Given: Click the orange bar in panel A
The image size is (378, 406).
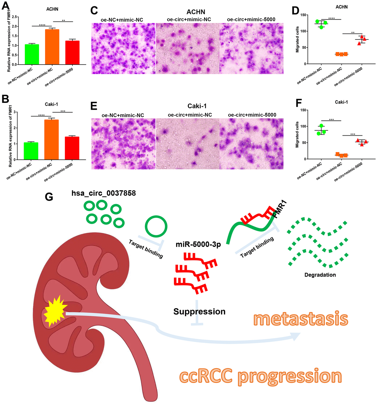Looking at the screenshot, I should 52,47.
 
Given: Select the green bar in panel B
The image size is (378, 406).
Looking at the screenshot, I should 31,151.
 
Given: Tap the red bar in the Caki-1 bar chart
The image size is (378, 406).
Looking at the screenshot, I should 72,148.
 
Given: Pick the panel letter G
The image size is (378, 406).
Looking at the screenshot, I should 49,197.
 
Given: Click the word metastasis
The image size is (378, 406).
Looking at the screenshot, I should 301,319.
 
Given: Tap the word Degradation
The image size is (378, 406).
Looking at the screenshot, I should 320,275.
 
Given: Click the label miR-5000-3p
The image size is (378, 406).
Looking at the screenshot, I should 198,244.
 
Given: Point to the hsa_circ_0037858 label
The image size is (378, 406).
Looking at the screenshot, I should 104,193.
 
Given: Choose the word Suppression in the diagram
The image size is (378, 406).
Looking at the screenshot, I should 199,312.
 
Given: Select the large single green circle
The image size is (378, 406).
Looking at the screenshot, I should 156,227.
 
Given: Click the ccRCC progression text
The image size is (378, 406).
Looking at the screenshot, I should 261,376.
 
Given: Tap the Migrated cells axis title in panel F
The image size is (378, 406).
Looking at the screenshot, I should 297,135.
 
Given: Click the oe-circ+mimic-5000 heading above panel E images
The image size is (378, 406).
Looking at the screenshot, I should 252,115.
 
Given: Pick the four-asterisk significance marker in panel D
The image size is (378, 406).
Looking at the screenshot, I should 331,18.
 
